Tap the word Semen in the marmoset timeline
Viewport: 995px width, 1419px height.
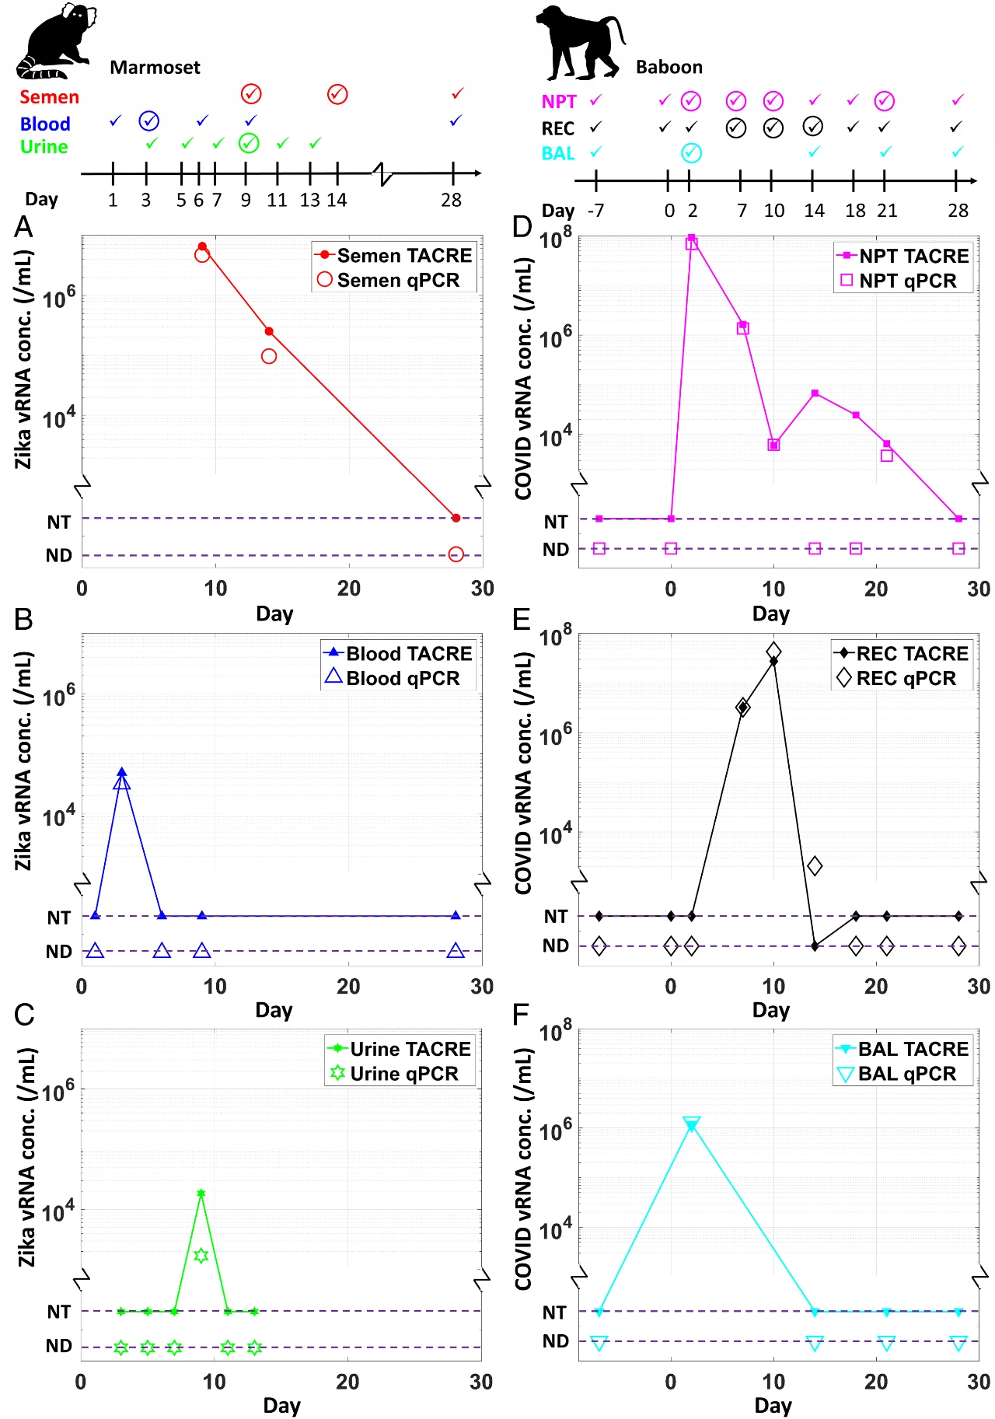[50, 97]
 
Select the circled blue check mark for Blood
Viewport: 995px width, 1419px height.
[148, 121]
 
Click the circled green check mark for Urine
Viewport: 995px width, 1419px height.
[249, 143]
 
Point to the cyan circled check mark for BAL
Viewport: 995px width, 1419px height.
[691, 153]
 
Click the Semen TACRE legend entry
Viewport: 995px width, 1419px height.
[393, 256]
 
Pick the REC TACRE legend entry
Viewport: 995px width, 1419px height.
[902, 654]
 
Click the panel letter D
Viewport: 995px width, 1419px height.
[522, 228]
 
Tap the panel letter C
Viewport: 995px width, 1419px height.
[24, 1015]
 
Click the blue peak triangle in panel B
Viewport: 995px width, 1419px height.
[121, 773]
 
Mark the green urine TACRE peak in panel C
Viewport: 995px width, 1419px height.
[201, 1194]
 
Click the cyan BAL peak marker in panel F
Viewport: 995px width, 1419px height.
[691, 1125]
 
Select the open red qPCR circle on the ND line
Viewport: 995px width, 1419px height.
[456, 554]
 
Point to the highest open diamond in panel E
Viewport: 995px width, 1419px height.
[773, 651]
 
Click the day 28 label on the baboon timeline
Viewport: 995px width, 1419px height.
[958, 211]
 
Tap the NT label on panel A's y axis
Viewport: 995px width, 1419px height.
[59, 522]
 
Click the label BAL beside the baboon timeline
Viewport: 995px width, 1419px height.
[558, 153]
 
